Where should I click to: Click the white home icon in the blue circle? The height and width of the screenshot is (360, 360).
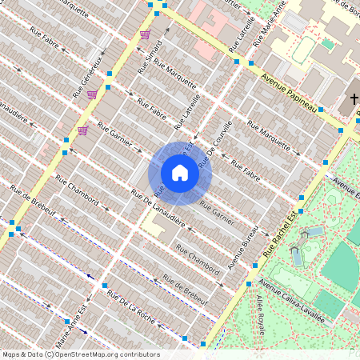click(x=180, y=173)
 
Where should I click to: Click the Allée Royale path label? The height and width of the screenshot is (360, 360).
click(x=262, y=313)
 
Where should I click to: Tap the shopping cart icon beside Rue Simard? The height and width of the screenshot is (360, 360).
click(x=145, y=34)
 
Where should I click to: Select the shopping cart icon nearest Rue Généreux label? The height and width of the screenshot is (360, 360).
click(x=92, y=94)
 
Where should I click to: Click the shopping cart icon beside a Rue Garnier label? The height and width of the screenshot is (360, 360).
click(x=82, y=130)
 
